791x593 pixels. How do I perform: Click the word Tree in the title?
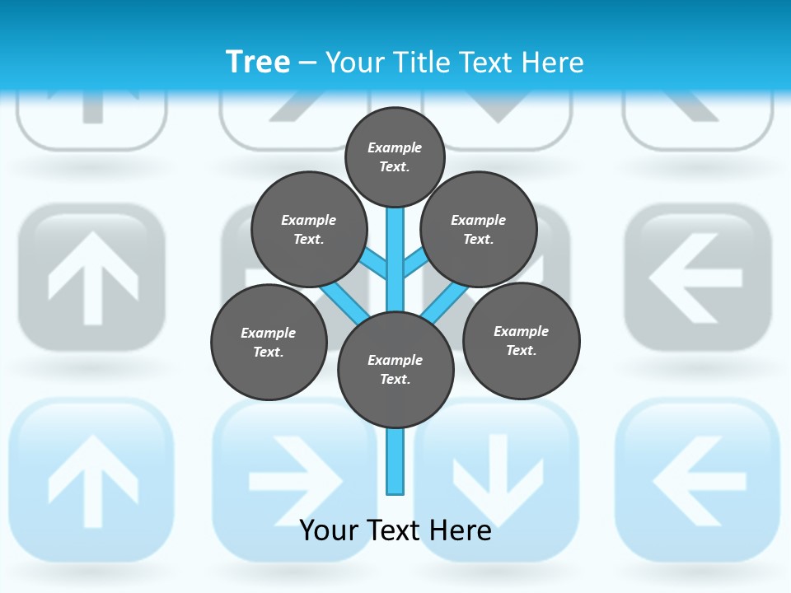[257, 62]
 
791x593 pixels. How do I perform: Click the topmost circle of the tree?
[395, 156]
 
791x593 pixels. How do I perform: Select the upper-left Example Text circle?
[308, 229]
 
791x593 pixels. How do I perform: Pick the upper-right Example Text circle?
[478, 229]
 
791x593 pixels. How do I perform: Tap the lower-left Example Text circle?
[269, 342]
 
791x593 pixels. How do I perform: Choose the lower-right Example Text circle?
[522, 340]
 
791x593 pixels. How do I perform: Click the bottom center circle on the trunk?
[395, 369]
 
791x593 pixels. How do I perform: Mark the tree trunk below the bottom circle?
[395, 461]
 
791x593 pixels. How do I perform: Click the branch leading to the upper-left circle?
[373, 263]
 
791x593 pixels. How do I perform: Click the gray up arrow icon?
[92, 277]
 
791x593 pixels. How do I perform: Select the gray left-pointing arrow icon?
[696, 277]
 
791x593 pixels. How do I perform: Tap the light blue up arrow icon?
[92, 480]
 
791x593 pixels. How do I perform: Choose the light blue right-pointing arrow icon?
[295, 480]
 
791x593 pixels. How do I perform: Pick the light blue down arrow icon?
[497, 480]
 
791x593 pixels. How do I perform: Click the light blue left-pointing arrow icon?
[696, 480]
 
